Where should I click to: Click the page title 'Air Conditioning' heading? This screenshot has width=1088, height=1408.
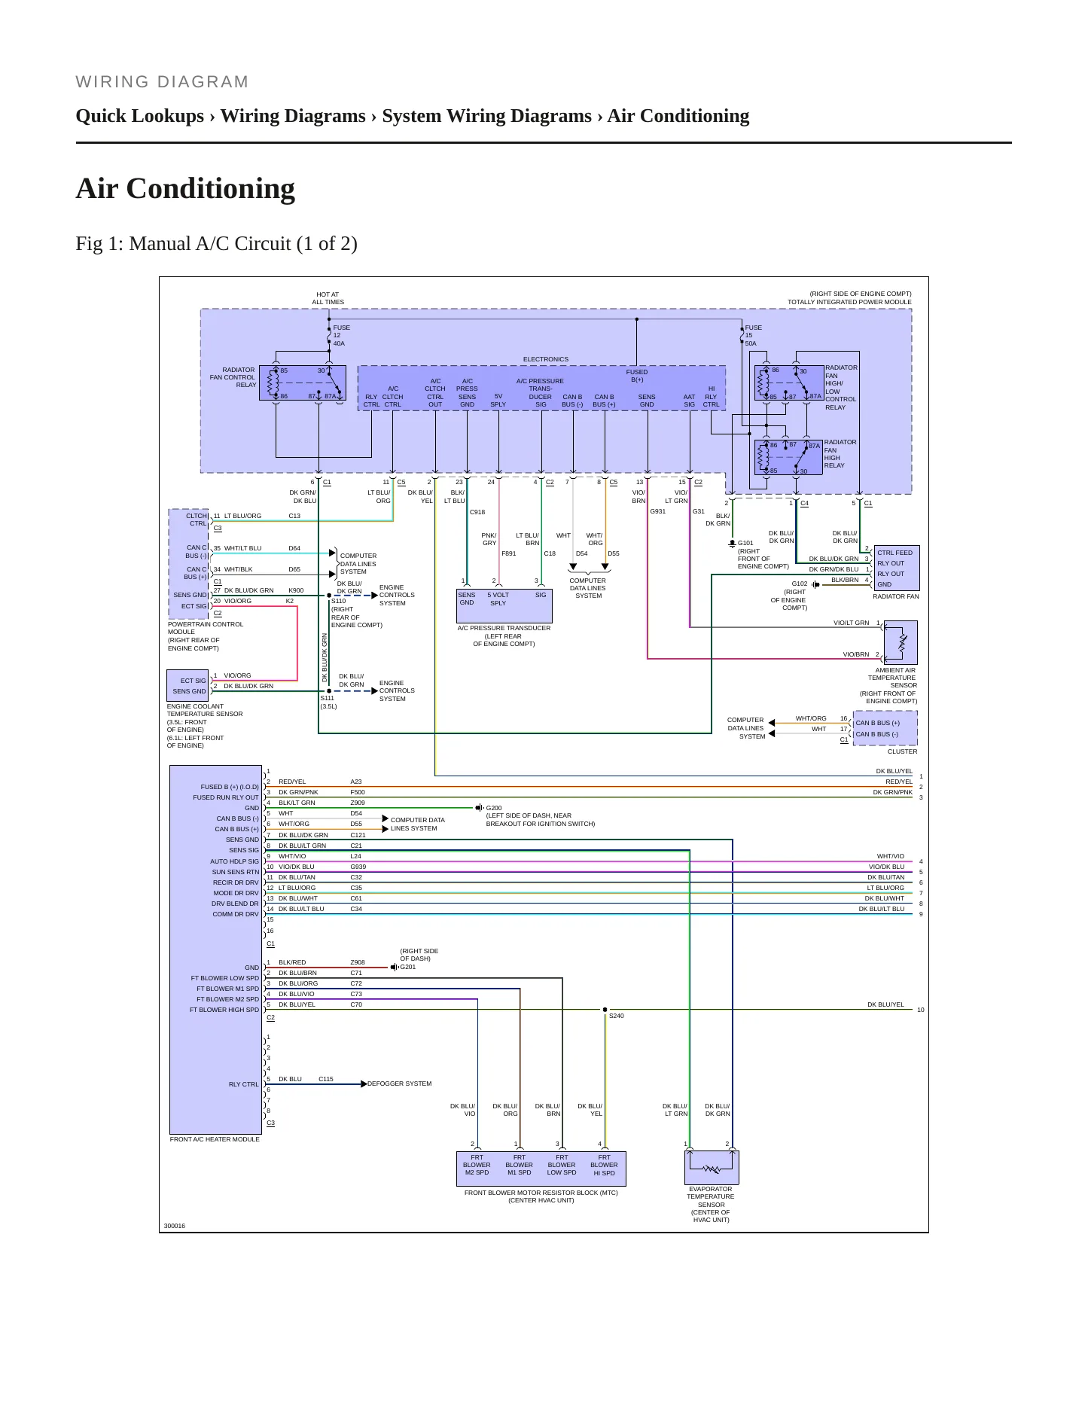coord(185,188)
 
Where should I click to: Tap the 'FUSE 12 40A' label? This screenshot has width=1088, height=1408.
coord(341,336)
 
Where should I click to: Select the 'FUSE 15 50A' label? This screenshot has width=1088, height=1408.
coord(753,336)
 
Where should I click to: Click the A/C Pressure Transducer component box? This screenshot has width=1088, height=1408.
coord(504,605)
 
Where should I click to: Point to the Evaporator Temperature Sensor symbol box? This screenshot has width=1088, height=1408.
coord(712,1167)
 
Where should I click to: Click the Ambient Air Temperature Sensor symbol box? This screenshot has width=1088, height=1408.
coord(901,642)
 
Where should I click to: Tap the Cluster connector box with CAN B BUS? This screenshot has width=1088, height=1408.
coord(885,728)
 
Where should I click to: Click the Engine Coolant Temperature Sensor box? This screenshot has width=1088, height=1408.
coord(187,685)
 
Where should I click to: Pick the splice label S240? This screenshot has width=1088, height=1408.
coord(616,1016)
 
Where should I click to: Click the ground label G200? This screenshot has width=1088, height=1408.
coord(494,808)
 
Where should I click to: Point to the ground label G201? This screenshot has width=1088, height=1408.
coord(407,967)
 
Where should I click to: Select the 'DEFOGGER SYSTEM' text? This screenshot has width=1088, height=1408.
coord(400,1083)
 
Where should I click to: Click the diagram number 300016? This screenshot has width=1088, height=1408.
coord(175,1226)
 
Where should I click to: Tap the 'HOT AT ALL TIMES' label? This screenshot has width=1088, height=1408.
coord(328,298)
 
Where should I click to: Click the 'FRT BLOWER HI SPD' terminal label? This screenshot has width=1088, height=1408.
coord(605,1165)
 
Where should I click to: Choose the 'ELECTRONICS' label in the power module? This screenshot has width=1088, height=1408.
coord(546,359)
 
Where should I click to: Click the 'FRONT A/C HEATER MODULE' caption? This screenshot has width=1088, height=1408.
coord(215,1139)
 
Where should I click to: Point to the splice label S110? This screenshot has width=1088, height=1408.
coord(339,601)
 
